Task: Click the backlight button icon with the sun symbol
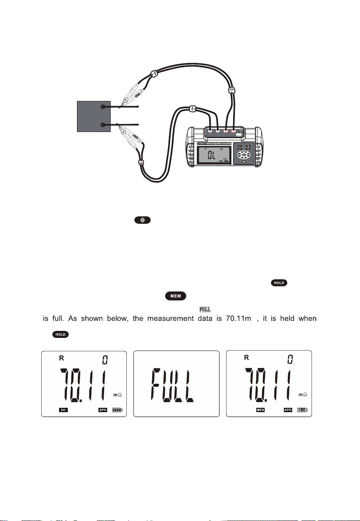pos(143,221)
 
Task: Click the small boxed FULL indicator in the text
pos(205,309)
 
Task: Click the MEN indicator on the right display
pos(261,410)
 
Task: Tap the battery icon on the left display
pos(117,410)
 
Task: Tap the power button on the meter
pos(244,161)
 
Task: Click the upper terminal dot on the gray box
pos(103,107)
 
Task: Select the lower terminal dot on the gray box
pos(103,125)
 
